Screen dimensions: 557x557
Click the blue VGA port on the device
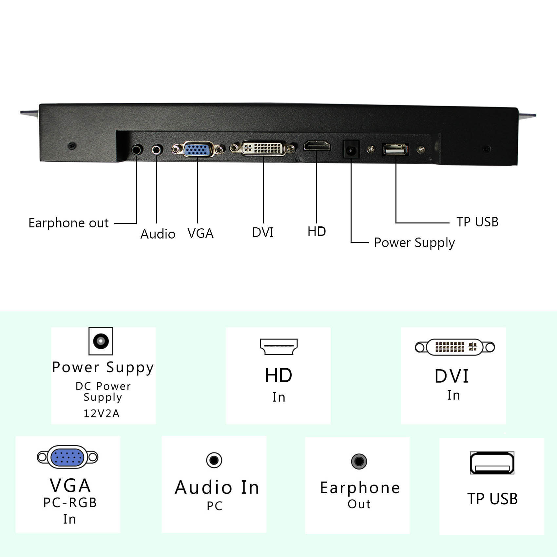[197, 150]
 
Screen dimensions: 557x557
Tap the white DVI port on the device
[264, 148]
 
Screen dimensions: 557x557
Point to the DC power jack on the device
[351, 150]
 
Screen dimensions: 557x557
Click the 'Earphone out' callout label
[68, 223]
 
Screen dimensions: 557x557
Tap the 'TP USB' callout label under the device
[477, 222]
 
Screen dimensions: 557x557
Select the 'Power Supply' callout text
[414, 243]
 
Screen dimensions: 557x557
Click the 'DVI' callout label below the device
[263, 232]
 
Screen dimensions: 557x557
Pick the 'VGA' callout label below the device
[200, 233]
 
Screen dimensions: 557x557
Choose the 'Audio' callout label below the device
[158, 234]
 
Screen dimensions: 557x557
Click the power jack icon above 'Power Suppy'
[101, 341]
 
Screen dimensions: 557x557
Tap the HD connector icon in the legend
[278, 347]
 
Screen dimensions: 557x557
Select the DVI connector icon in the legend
[455, 347]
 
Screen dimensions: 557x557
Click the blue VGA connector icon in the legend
[67, 457]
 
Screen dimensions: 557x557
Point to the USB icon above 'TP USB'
[492, 463]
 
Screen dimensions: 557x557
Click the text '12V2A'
[102, 413]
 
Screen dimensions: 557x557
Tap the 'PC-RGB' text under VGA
[70, 503]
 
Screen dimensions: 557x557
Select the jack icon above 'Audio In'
[214, 460]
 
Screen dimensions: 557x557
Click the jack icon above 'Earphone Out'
[359, 461]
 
